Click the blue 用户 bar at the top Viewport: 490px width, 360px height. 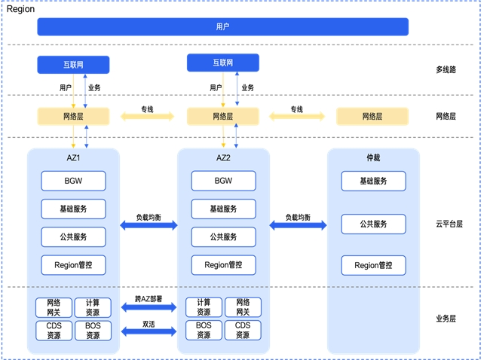tap(222, 27)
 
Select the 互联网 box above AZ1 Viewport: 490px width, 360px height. tap(73, 65)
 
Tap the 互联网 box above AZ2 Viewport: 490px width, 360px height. tap(222, 63)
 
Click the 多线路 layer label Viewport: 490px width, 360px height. tap(446, 69)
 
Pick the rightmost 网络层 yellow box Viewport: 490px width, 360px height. tap(372, 117)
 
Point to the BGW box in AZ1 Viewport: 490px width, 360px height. tap(73, 181)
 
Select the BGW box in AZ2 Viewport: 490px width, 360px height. tap(223, 181)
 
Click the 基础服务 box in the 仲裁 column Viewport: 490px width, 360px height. tap(373, 181)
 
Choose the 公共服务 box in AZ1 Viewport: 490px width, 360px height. tap(73, 236)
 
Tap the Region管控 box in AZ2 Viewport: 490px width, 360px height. tap(223, 265)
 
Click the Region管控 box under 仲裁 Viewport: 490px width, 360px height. tap(373, 265)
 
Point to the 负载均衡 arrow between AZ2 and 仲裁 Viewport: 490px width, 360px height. tap(298, 224)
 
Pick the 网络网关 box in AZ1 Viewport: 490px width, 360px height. tap(54, 307)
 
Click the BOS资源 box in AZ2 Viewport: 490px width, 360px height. tap(204, 331)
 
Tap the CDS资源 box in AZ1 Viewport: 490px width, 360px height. tap(54, 331)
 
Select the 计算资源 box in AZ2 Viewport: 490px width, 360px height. tap(204, 307)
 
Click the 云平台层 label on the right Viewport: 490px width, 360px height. tap(449, 224)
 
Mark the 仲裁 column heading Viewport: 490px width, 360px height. tap(373, 158)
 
